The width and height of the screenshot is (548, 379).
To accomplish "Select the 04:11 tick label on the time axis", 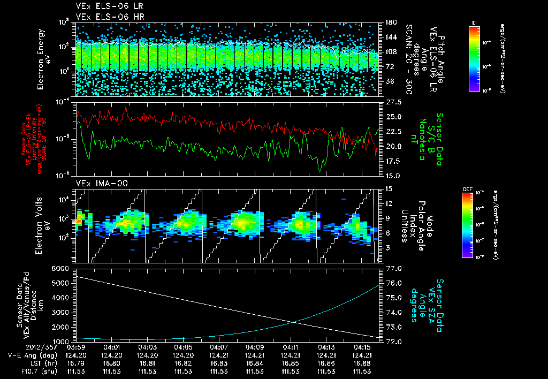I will coord(290,347).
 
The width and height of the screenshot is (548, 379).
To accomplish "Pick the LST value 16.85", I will coord(290,363).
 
